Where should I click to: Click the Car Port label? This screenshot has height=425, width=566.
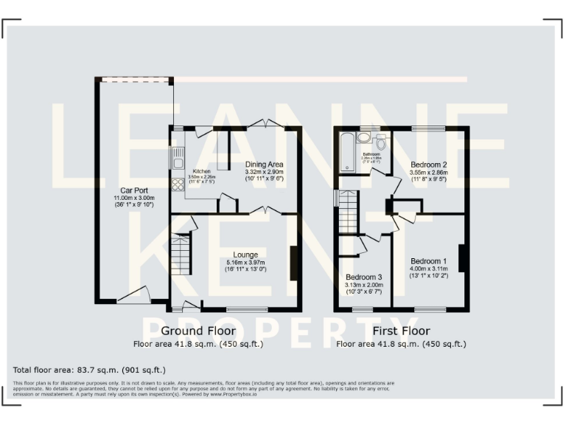click(129, 190)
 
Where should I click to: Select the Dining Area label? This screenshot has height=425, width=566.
click(265, 164)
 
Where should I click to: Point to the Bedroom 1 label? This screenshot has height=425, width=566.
click(428, 261)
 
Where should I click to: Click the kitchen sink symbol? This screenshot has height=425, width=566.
click(177, 158)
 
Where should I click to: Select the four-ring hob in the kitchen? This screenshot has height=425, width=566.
click(177, 184)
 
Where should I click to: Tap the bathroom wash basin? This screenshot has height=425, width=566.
click(363, 137)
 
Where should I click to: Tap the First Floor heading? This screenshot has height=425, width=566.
click(402, 331)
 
